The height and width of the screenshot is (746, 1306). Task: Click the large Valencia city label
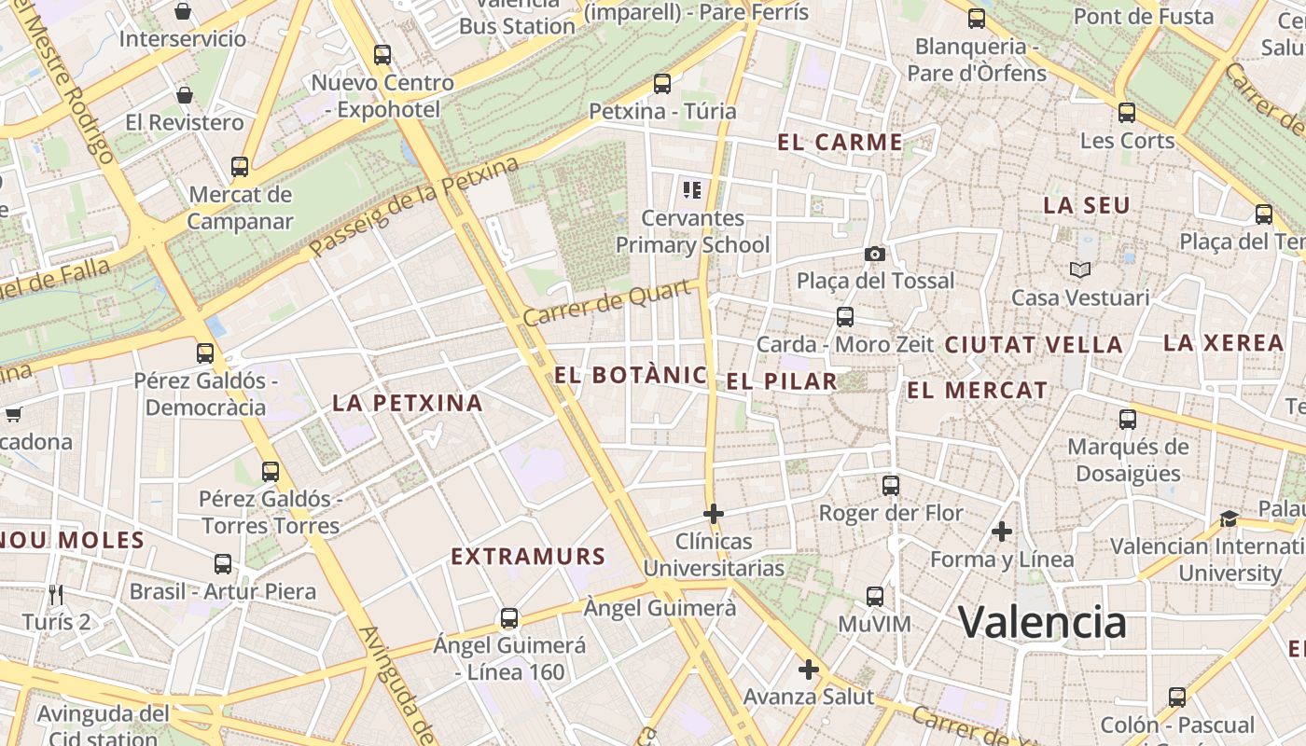pos(1042,622)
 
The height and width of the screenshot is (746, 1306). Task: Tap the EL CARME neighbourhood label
pos(840,143)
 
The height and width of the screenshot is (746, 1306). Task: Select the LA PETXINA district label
pos(408,403)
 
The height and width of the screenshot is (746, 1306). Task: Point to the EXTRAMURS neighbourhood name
pos(528,557)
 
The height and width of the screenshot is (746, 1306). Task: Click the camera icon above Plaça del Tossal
pos(874,254)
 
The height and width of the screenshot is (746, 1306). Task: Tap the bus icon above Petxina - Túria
pos(662,84)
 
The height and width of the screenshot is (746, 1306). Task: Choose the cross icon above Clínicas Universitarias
pos(714,513)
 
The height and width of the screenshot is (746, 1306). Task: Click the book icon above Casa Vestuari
pos(1080,270)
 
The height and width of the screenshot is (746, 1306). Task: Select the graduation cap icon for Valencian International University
pos(1229,518)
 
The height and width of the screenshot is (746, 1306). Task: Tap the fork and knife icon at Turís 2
pos(56,594)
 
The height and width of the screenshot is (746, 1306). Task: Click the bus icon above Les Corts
pos(1127,113)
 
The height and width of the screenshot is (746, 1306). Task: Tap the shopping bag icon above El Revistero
pos(185,95)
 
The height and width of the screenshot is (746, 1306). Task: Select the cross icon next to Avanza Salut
pos(808,670)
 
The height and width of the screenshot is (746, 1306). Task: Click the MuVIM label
pos(874,623)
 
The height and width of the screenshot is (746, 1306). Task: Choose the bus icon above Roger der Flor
pos(891,485)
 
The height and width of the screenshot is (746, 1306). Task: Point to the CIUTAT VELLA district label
pos(1034,344)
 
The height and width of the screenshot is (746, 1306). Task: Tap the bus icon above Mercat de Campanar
pos(240,167)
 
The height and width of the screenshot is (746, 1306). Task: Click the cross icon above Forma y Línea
pos(1002,532)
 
